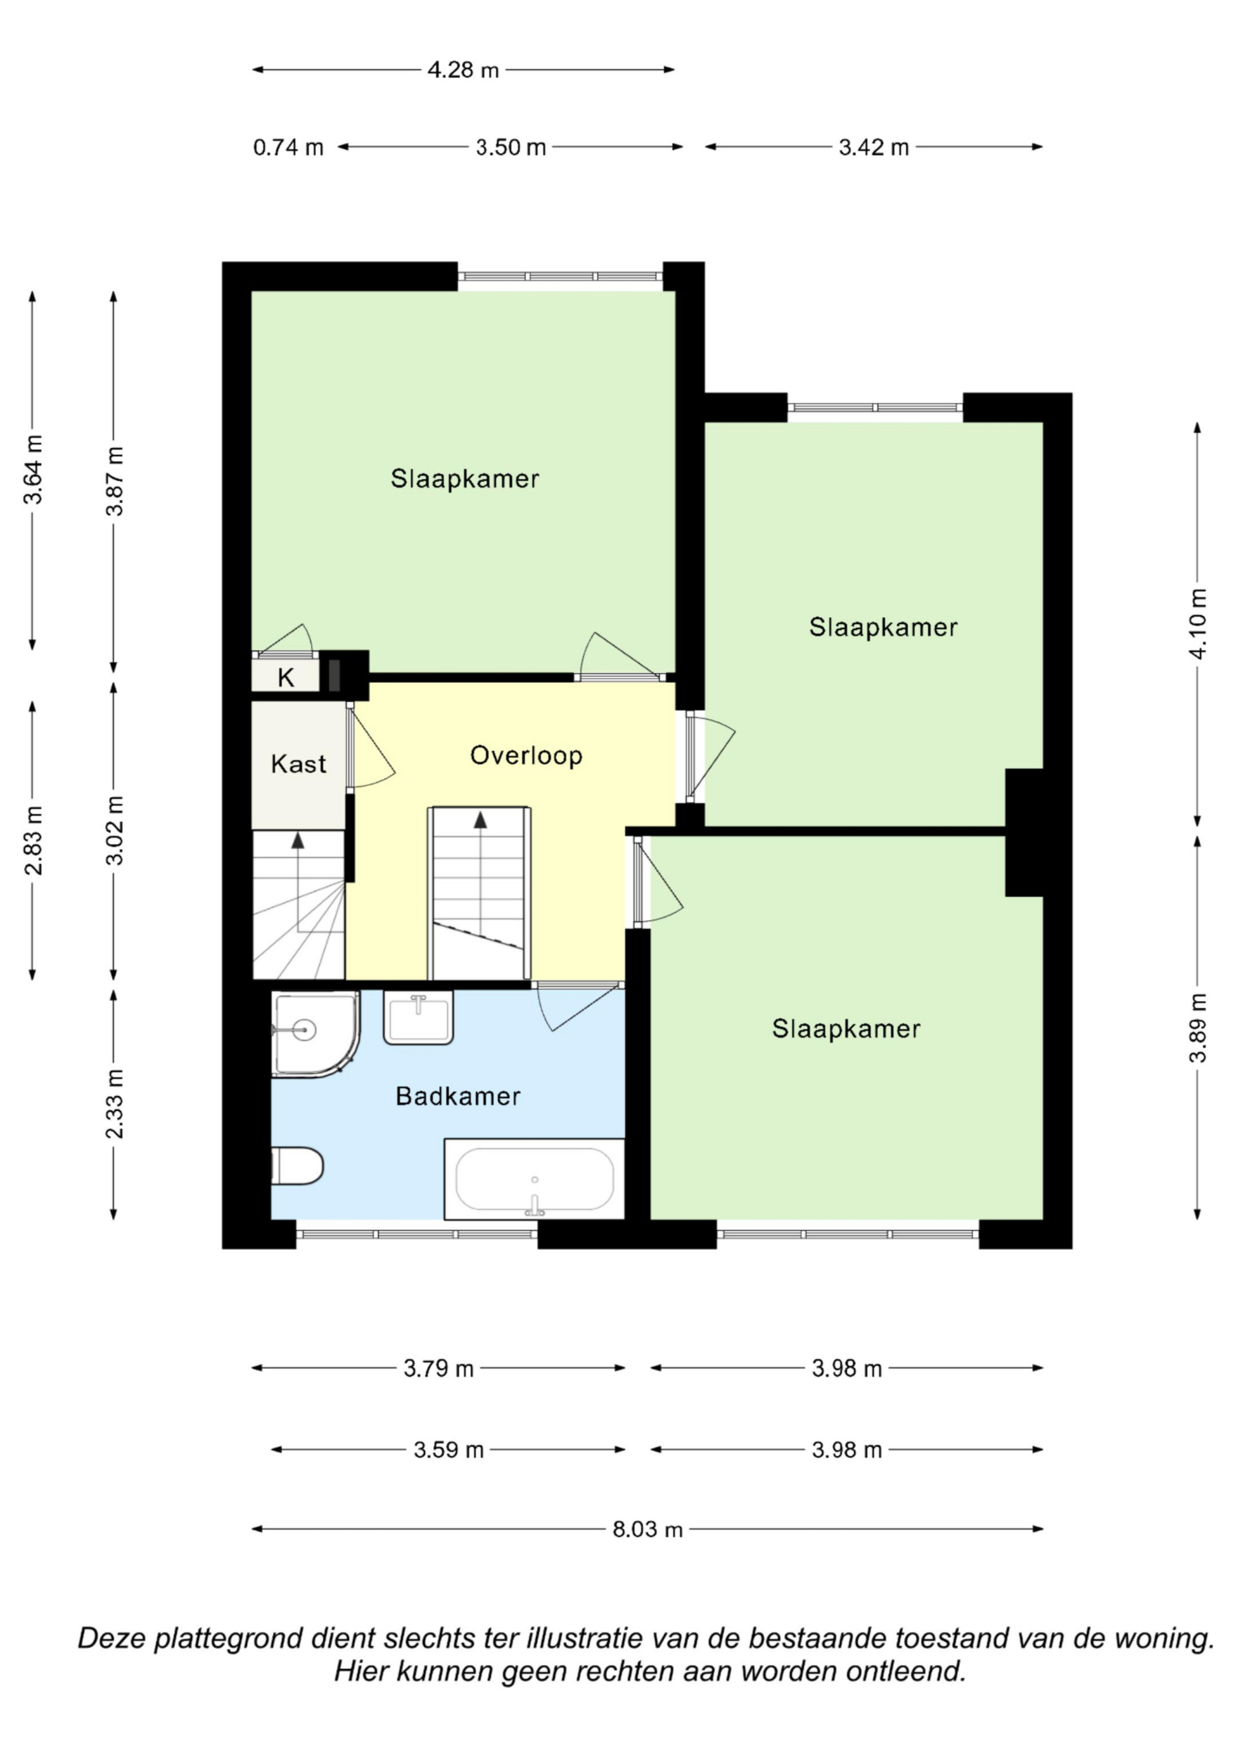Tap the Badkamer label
458,1096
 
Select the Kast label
298,764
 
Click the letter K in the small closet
286,677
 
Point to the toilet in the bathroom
297,1165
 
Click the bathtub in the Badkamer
534,1178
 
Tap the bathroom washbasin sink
418,1017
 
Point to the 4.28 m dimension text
463,70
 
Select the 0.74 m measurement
289,147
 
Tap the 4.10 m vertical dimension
1198,624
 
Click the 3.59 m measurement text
449,1450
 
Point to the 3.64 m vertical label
33,470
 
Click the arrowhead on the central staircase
481,820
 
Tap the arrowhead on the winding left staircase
298,840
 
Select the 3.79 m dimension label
439,1368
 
